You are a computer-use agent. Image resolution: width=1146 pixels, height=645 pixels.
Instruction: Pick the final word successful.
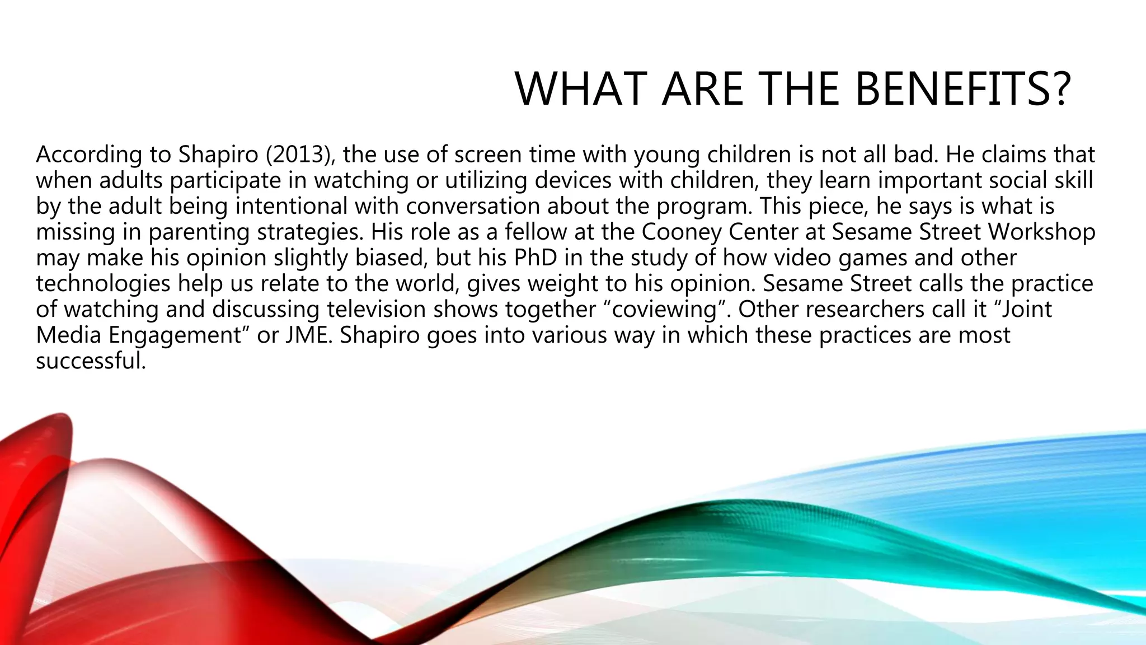point(91,361)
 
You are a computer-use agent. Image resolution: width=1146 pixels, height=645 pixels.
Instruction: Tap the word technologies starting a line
point(103,283)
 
